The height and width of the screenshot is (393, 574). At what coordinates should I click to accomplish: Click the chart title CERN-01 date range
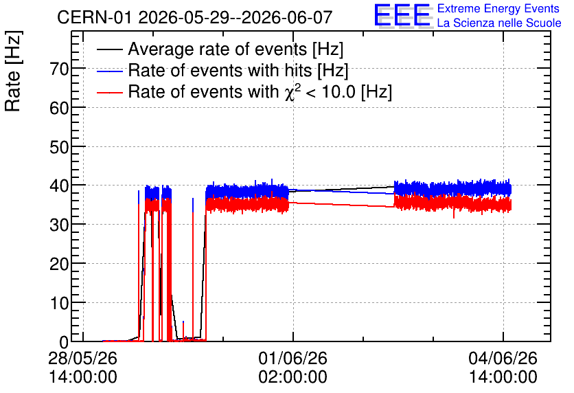(x=195, y=17)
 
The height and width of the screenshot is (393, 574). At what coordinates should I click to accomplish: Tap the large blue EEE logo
(x=402, y=16)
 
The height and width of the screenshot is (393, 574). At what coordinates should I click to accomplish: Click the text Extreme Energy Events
(x=498, y=8)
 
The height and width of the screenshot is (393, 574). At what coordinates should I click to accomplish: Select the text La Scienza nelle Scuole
(x=499, y=23)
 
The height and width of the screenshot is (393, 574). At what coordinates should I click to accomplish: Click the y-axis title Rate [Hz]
(x=13, y=71)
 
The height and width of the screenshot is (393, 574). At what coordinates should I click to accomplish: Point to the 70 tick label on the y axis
(x=59, y=69)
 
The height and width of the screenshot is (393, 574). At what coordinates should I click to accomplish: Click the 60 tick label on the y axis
(x=59, y=108)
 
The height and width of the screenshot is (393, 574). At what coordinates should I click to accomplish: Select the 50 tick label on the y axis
(x=59, y=147)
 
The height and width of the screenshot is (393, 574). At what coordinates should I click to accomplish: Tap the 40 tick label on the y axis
(x=59, y=186)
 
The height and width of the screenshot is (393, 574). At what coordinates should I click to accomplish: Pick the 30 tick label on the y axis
(x=59, y=225)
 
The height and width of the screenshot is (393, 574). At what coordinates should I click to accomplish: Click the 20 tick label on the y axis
(x=59, y=264)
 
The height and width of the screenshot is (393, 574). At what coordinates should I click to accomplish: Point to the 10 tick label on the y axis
(x=59, y=303)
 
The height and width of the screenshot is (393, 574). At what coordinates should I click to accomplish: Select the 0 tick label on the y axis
(x=64, y=342)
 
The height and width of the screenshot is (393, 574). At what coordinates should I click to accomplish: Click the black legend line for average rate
(x=109, y=50)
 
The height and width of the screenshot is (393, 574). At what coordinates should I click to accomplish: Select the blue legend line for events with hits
(x=109, y=71)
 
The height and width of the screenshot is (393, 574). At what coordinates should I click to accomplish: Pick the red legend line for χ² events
(x=109, y=93)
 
